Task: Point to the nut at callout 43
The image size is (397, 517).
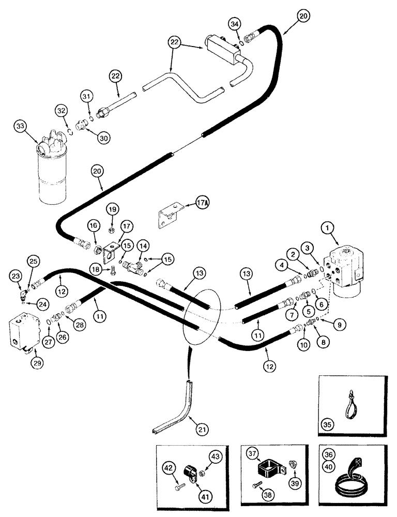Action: click(x=203, y=471)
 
